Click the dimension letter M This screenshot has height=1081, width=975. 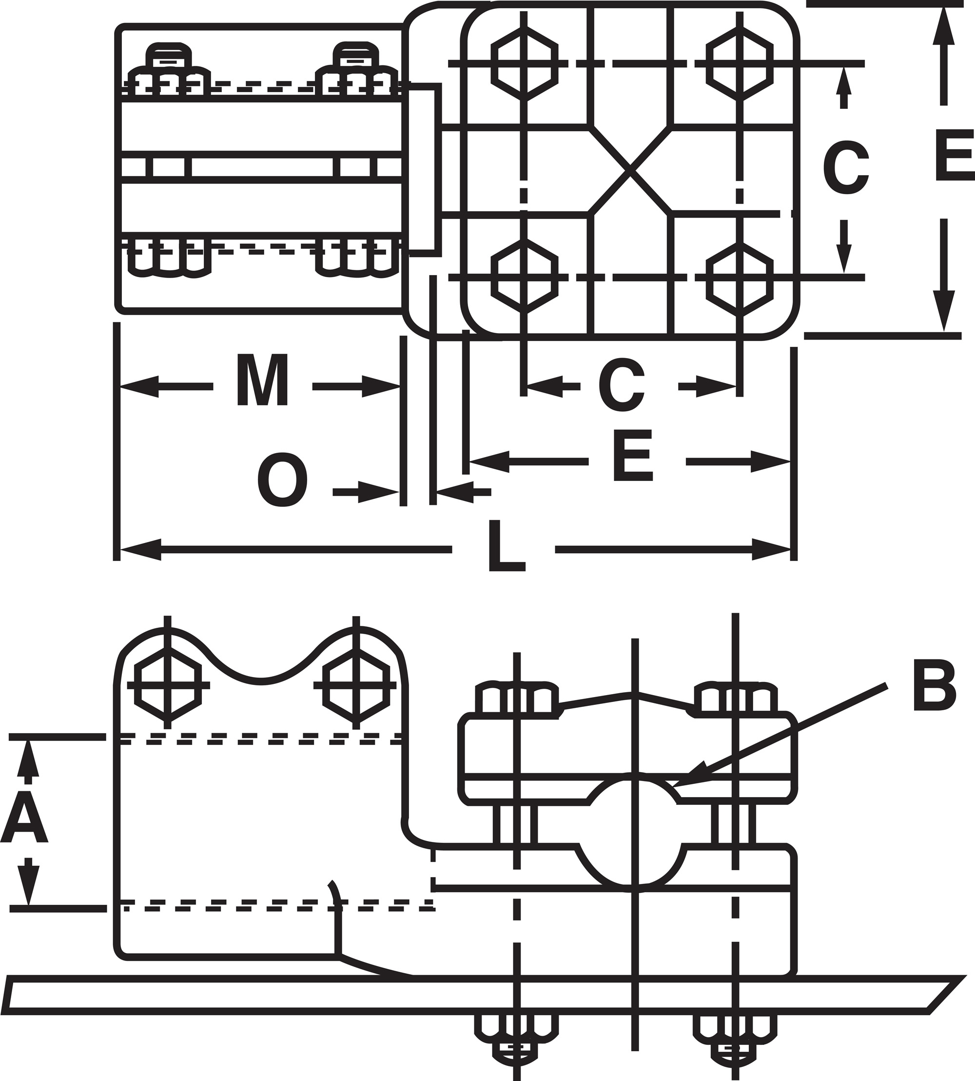[262, 380]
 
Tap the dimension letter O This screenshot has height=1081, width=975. [282, 480]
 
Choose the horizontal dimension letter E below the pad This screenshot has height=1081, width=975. [633, 456]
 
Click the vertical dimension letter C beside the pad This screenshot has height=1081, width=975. [845, 167]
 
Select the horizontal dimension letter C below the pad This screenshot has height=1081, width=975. [622, 385]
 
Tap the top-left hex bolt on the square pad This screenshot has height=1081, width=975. [525, 63]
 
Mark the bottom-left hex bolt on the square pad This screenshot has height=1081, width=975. [525, 277]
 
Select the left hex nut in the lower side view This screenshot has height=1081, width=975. [168, 685]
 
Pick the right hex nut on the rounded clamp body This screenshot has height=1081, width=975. [357, 685]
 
